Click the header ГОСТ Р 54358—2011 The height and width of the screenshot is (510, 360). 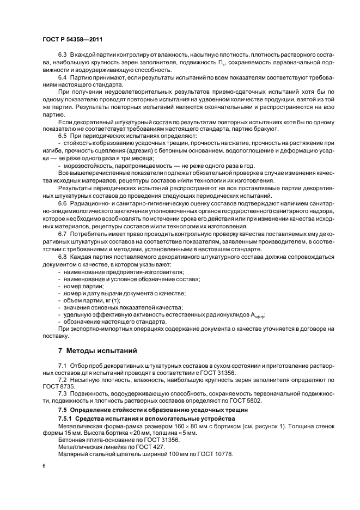(x=72, y=40)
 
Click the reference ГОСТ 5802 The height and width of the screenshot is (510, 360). (x=252, y=400)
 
